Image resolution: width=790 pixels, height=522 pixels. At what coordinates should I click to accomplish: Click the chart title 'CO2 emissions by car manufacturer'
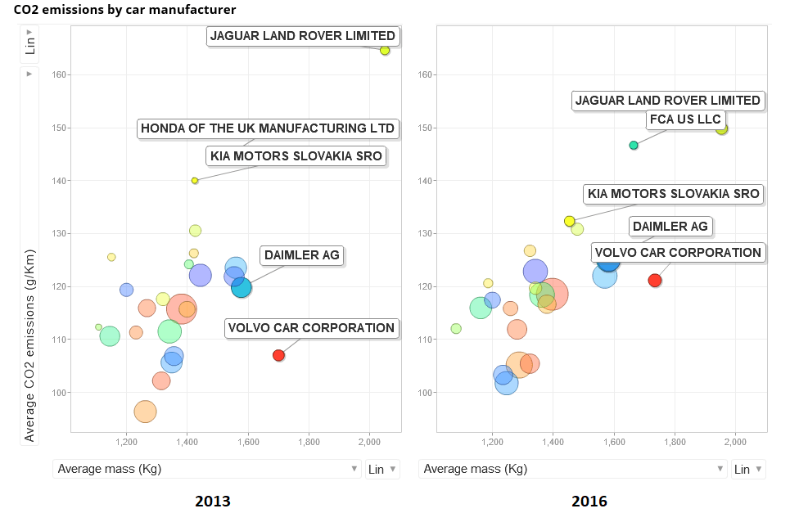125,11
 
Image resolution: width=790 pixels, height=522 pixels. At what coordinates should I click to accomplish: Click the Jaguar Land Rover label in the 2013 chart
302,36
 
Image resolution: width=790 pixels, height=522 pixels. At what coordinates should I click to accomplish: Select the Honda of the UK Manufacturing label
268,128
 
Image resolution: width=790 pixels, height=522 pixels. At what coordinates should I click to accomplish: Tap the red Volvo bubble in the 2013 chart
278,355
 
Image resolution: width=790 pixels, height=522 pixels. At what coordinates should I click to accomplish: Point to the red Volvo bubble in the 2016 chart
654,281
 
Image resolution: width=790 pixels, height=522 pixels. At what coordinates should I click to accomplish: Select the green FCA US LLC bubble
633,145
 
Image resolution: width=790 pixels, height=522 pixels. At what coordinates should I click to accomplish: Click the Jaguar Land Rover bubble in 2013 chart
385,51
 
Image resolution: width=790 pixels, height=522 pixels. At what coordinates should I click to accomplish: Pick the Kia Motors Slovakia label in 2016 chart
673,194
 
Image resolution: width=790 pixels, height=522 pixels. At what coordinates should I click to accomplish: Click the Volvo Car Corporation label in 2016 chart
678,253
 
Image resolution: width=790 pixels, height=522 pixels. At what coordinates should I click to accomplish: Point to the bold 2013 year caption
213,501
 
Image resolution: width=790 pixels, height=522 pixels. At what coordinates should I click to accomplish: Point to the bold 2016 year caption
589,501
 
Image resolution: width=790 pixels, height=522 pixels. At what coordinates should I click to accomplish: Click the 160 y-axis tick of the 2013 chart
58,75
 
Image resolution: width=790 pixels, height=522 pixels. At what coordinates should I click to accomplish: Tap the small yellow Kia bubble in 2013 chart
195,180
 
